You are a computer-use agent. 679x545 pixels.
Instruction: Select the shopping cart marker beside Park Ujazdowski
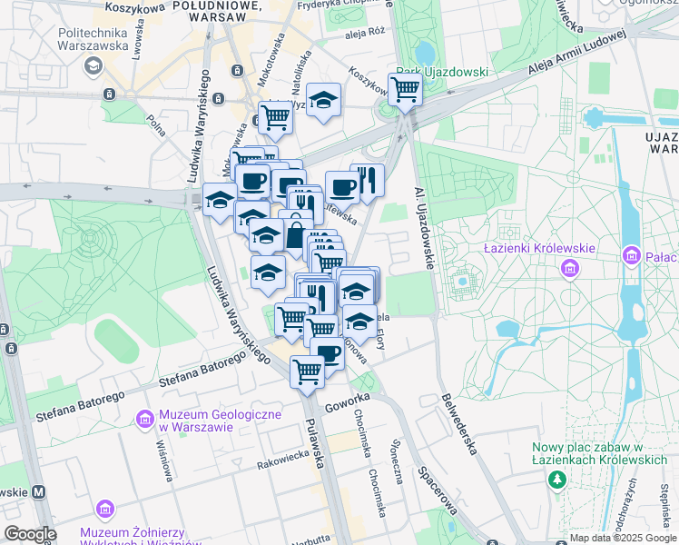pos(405,89)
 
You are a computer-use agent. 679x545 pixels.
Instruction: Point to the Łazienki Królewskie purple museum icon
pos(570,268)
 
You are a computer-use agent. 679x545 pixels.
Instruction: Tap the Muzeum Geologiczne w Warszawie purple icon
pos(143,418)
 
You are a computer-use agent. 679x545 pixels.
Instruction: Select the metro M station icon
pos(39,491)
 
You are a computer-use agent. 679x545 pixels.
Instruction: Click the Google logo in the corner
pos(30,534)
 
